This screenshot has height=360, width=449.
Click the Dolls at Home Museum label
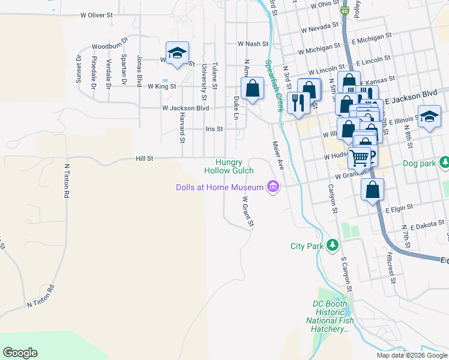coord(220,187)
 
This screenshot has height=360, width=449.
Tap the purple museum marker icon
coord(274,187)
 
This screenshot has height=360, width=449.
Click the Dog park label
coord(418,163)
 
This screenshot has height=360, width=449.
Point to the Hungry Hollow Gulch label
coord(229,166)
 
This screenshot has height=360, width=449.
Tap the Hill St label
coord(145,158)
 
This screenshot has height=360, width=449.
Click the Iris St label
coord(214,128)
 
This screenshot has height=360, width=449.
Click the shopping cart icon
coord(360,157)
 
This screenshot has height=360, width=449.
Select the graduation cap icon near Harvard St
coord(177,53)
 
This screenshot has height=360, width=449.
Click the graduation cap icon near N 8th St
coord(429,117)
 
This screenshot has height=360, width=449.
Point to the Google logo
coord(20,353)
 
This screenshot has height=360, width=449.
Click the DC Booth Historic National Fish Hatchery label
coord(330,316)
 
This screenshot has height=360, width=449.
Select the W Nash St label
coord(253,44)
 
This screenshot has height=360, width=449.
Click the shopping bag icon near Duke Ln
coord(253,88)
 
